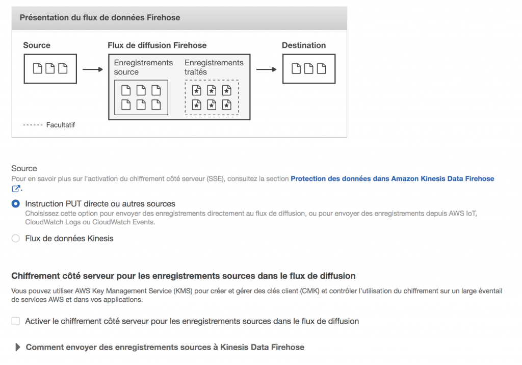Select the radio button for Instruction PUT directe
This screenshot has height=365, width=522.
point(16,204)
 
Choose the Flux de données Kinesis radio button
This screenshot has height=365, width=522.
point(16,239)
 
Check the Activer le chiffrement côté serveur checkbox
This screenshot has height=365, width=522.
point(16,321)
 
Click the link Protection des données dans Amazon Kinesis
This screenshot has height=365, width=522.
point(391,179)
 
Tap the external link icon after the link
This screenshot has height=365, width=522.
point(16,189)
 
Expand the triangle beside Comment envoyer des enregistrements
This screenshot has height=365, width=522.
point(18,347)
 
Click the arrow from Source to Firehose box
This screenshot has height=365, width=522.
point(92,69)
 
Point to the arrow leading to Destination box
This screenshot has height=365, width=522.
point(266,69)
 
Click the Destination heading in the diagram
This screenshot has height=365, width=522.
point(304,45)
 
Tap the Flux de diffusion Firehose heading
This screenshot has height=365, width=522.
point(157,45)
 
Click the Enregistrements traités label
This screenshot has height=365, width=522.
point(214,67)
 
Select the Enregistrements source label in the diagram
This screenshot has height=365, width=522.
point(143,67)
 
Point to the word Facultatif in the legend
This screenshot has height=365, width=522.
point(60,125)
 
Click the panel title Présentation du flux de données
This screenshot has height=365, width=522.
point(100,17)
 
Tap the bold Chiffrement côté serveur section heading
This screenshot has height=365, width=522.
point(184,276)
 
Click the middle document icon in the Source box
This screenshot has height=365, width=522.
point(50,68)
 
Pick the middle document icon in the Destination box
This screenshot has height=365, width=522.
point(308,68)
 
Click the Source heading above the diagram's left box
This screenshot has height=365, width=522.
point(37,45)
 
